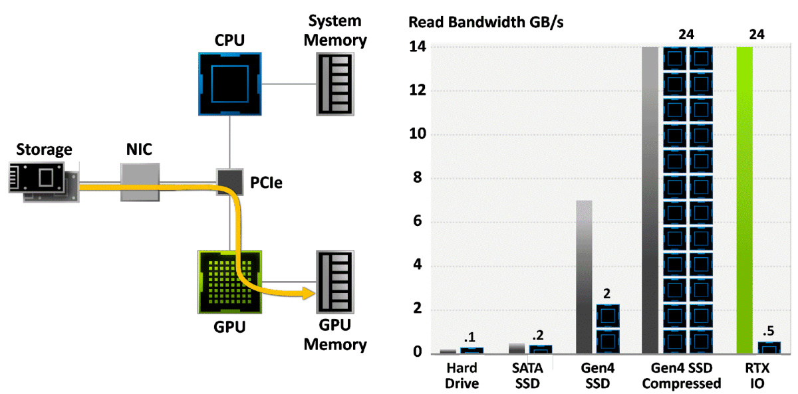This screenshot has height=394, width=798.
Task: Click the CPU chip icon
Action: pyautogui.click(x=230, y=84)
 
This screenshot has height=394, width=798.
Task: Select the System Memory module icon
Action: pyautogui.click(x=335, y=84)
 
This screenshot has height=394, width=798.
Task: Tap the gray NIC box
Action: pyautogui.click(x=140, y=182)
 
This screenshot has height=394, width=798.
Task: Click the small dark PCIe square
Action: pyautogui.click(x=230, y=182)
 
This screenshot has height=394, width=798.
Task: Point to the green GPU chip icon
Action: pyautogui.click(x=230, y=282)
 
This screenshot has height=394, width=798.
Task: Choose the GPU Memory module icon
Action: pyautogui.click(x=335, y=282)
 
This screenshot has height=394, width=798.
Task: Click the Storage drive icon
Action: pyautogui.click(x=44, y=182)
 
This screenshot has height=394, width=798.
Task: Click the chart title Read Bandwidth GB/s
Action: pyautogui.click(x=485, y=23)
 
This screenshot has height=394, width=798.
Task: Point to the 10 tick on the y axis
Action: pyautogui.click(x=418, y=134)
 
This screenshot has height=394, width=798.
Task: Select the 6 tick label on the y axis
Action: pyautogui.click(x=418, y=221)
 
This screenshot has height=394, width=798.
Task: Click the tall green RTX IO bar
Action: pyautogui.click(x=745, y=200)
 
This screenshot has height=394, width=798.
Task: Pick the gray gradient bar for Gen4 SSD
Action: pyautogui.click(x=585, y=277)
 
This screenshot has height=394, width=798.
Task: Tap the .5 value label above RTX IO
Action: pyautogui.click(x=769, y=331)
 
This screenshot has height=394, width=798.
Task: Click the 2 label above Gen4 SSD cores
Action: pyautogui.click(x=606, y=294)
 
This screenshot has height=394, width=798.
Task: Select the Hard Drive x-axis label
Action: pyautogui.click(x=462, y=376)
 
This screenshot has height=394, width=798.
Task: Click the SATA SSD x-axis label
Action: pyautogui.click(x=527, y=376)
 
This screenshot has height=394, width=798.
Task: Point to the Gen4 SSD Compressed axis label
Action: pyautogui.click(x=681, y=376)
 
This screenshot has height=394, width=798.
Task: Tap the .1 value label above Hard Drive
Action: pyautogui.click(x=469, y=337)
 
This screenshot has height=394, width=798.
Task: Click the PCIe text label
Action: pyautogui.click(x=266, y=183)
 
